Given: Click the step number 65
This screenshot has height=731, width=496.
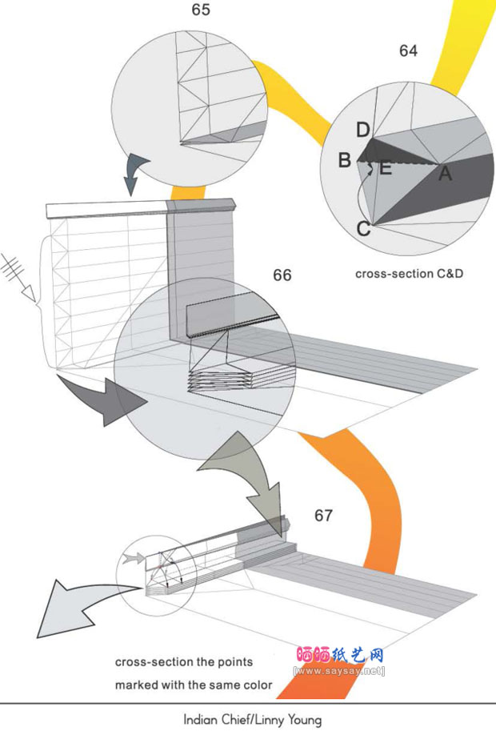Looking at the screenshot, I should coord(201,10).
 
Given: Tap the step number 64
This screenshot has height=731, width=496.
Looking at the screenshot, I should coord(408,50).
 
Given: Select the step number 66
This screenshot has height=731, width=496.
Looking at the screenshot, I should coord(282,275).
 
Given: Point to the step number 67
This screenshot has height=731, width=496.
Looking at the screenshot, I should coord(323,516).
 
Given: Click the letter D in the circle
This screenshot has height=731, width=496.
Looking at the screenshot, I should coord(363,130).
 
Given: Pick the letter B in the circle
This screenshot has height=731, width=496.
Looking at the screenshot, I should coord(344,160).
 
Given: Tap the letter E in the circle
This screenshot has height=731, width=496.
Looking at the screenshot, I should coord(385,167).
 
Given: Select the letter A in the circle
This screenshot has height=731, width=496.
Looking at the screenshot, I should coord(445,172).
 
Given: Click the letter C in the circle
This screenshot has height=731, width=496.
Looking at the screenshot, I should coord(363,229).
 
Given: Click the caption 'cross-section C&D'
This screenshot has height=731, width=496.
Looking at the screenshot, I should coord(410,273).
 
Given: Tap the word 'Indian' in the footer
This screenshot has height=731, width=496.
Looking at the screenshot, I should coord(200,719).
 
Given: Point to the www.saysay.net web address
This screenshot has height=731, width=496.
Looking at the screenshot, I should coord(339,670).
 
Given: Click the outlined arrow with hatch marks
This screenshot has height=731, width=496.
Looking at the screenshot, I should coord(20,276).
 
